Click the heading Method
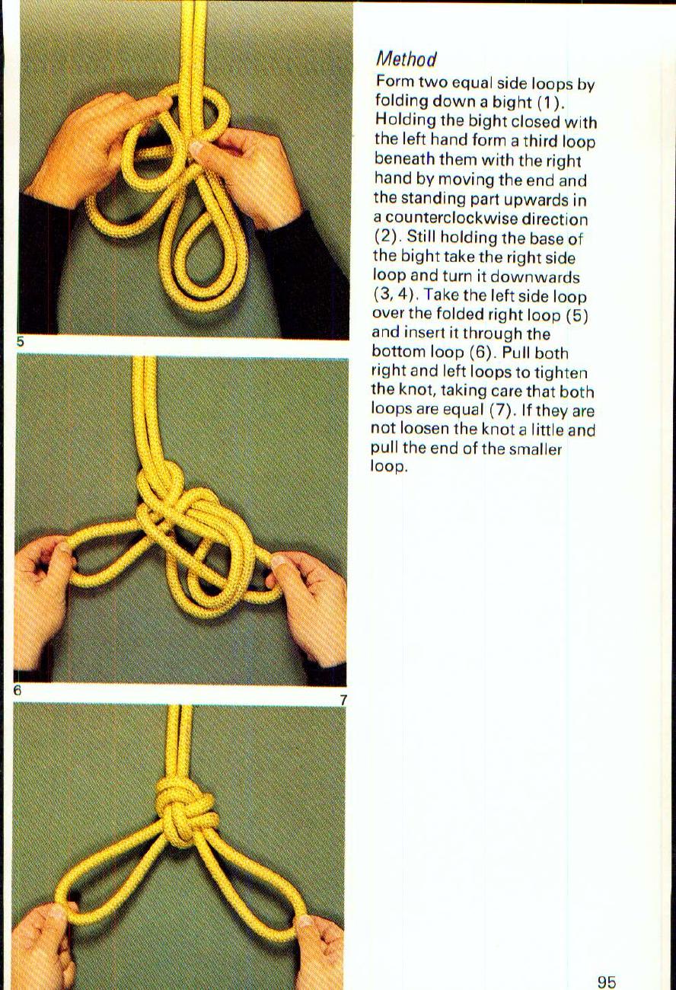[x=407, y=59]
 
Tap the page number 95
[x=607, y=982]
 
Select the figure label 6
[x=16, y=691]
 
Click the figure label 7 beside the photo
[x=343, y=699]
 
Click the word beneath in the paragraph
[x=404, y=160]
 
